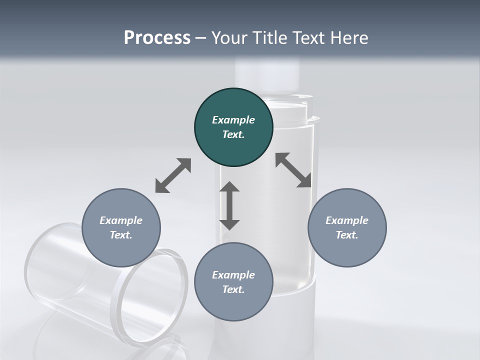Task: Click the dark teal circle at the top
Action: pyautogui.click(x=233, y=127)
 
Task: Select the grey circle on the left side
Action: pyautogui.click(x=121, y=227)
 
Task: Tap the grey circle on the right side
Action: pyautogui.click(x=347, y=227)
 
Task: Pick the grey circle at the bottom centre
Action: pyautogui.click(x=233, y=282)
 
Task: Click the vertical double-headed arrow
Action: pyautogui.click(x=229, y=206)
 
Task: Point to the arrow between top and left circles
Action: pyautogui.click(x=173, y=175)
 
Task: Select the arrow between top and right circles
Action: pyautogui.click(x=293, y=170)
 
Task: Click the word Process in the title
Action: pyautogui.click(x=157, y=38)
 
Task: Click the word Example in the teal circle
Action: pyautogui.click(x=233, y=120)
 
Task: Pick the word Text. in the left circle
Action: pyautogui.click(x=121, y=235)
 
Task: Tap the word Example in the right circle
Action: pyautogui.click(x=347, y=220)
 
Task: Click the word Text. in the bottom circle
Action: pyautogui.click(x=233, y=289)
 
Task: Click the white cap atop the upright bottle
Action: pyautogui.click(x=267, y=70)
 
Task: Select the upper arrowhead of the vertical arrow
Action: pyautogui.click(x=229, y=188)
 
